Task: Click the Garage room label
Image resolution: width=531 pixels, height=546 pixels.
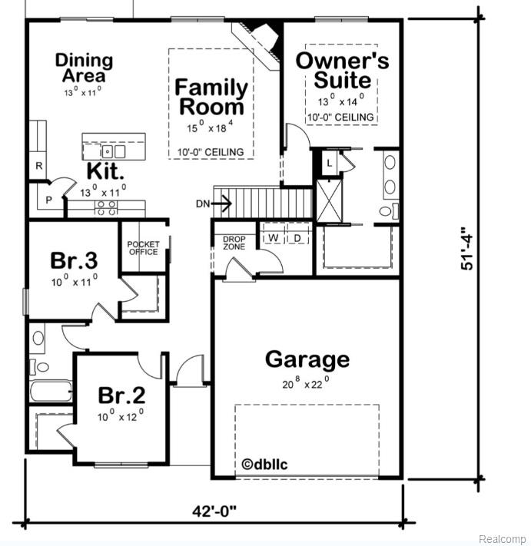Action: point(307,359)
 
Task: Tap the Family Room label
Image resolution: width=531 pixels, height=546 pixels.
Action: point(211,97)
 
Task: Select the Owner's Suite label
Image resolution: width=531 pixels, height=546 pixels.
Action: point(342,70)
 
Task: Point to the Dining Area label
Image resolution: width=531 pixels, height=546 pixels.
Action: point(84,68)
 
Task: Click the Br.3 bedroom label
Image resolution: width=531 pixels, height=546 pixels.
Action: point(74,260)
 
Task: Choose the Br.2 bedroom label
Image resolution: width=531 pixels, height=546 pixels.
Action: point(121,395)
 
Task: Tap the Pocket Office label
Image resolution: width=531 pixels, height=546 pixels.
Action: point(143,248)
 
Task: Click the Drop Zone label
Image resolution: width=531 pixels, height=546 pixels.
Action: point(234,243)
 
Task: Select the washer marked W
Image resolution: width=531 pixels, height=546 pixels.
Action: point(273,238)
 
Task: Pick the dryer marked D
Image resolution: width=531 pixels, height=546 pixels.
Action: point(297,238)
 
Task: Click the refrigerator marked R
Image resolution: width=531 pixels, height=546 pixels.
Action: point(38,165)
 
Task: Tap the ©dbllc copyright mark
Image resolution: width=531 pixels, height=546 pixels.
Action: point(264,463)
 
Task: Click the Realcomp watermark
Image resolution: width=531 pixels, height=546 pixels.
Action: point(503,539)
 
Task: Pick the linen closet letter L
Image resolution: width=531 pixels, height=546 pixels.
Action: point(329,163)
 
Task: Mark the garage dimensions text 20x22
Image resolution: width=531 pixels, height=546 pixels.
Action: point(307,380)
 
